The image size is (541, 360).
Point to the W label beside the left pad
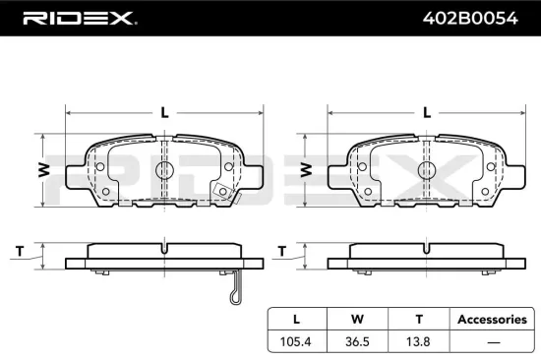pos(43,169)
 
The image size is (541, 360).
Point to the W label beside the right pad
pos(306,169)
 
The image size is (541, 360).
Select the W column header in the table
pos(358,319)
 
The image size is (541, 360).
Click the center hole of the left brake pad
pos(164,170)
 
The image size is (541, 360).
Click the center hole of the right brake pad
pos(425,170)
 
